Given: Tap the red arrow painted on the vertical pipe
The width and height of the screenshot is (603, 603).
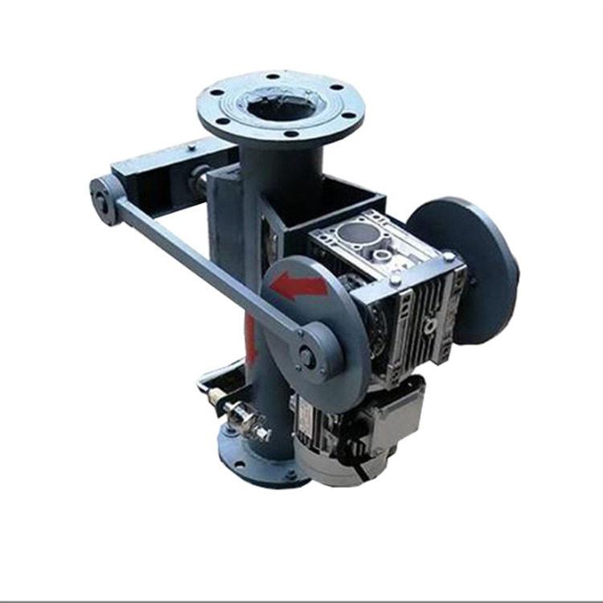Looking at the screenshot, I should (251, 338).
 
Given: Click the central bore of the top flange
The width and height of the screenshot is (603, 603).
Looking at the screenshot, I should (281, 105).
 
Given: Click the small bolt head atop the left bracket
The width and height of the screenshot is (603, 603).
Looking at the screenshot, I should (191, 146).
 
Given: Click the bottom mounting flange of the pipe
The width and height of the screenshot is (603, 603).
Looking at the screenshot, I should (257, 458).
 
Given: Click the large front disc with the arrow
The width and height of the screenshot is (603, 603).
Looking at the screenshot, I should (310, 322).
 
